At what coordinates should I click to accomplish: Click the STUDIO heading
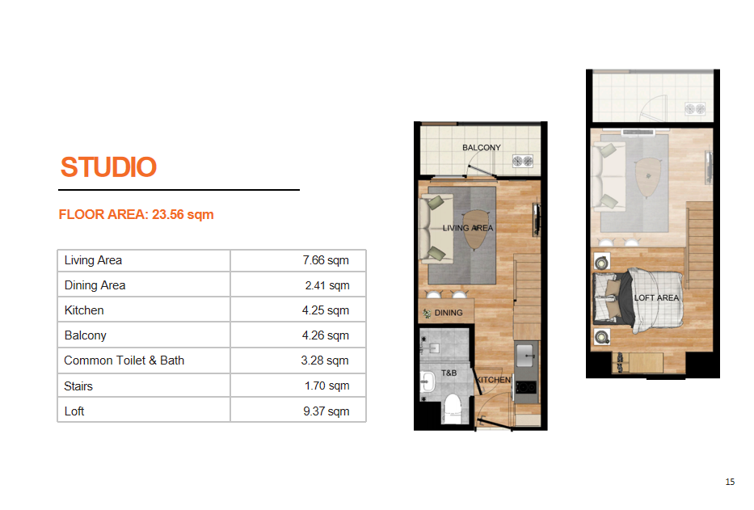point(108,167)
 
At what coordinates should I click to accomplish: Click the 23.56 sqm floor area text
point(183,214)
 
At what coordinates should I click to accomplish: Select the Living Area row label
point(93,260)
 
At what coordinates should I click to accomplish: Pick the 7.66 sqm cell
point(326,260)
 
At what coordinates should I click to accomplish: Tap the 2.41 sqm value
point(327,285)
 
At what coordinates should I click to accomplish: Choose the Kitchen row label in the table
point(84,310)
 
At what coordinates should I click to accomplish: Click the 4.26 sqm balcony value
point(326,335)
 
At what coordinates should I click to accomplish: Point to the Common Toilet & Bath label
point(124,360)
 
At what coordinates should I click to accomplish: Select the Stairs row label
point(78,386)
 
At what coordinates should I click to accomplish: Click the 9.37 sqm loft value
point(326,411)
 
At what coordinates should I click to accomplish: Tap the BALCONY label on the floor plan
point(482,148)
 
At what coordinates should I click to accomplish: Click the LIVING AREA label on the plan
point(468,228)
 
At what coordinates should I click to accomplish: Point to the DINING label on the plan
point(449,313)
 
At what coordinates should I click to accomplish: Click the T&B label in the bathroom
point(449,373)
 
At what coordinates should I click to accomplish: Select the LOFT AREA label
point(656,297)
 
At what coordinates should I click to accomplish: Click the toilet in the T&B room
point(452,409)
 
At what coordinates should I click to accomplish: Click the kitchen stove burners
point(525,387)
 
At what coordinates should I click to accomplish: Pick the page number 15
point(730,482)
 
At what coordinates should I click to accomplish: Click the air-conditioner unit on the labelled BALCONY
point(523,161)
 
